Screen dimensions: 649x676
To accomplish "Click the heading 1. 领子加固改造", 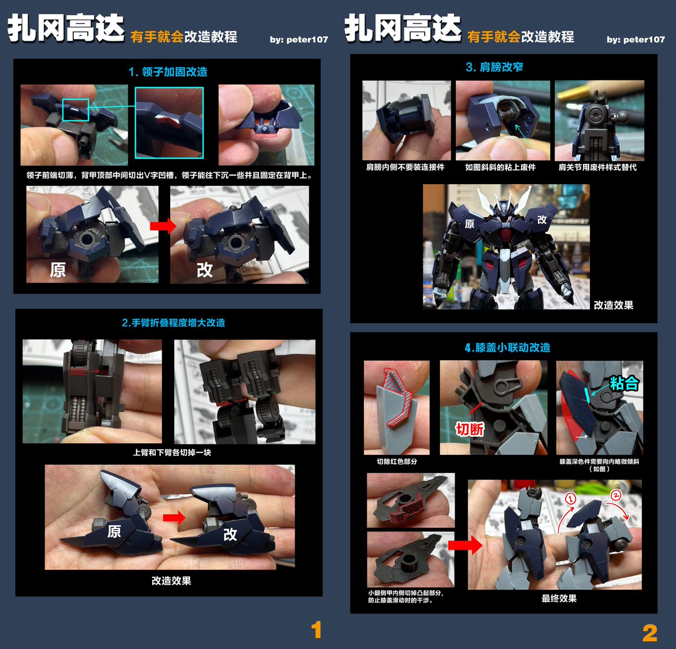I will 167,72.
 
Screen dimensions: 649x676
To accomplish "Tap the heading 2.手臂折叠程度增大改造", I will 173,323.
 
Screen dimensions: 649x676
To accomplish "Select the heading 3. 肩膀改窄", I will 494,67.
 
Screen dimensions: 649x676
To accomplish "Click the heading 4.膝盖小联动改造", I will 507,347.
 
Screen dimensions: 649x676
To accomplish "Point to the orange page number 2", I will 650,633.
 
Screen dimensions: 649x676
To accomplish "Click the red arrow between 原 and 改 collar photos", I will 163,226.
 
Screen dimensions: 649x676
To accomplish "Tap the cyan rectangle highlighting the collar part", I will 75,110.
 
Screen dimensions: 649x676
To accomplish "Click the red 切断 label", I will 469,429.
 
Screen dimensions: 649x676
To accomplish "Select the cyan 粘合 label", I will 624,384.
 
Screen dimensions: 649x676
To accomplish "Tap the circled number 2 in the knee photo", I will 616,495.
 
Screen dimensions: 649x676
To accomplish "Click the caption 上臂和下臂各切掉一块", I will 172,453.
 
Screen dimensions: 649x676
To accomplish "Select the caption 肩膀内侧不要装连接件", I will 405,167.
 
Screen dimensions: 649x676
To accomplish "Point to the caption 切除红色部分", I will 397,462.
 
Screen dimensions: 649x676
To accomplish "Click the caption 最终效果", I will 559,598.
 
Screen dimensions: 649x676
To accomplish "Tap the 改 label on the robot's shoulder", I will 542,220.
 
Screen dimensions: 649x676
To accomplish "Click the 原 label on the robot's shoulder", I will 469,224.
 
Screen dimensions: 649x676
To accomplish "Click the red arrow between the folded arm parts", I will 174,517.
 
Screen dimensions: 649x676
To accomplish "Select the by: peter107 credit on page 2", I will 635,39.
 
